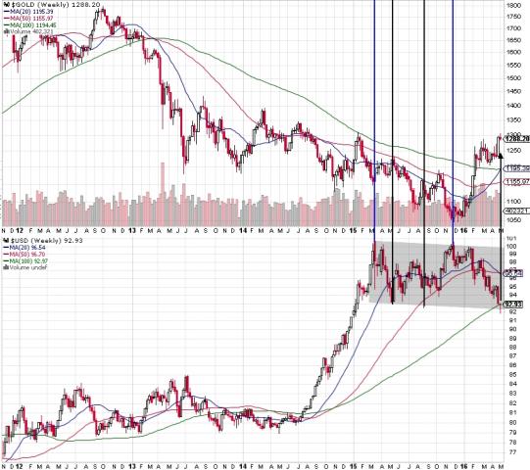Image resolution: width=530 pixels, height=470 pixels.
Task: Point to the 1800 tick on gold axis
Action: click(513, 5)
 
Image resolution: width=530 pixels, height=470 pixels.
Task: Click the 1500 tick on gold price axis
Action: click(513, 79)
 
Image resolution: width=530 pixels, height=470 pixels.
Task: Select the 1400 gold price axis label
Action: click(513, 104)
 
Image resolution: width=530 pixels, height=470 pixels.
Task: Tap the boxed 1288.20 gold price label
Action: click(515, 139)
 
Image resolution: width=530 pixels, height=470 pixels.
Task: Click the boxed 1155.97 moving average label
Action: click(515, 181)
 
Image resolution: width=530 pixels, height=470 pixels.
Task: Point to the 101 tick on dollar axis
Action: click(511, 237)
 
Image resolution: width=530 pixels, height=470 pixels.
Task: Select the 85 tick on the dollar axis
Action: click(511, 372)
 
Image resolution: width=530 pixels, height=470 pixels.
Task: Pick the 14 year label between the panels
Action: click(241, 230)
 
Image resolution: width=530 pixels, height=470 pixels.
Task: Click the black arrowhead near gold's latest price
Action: click(499, 153)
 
